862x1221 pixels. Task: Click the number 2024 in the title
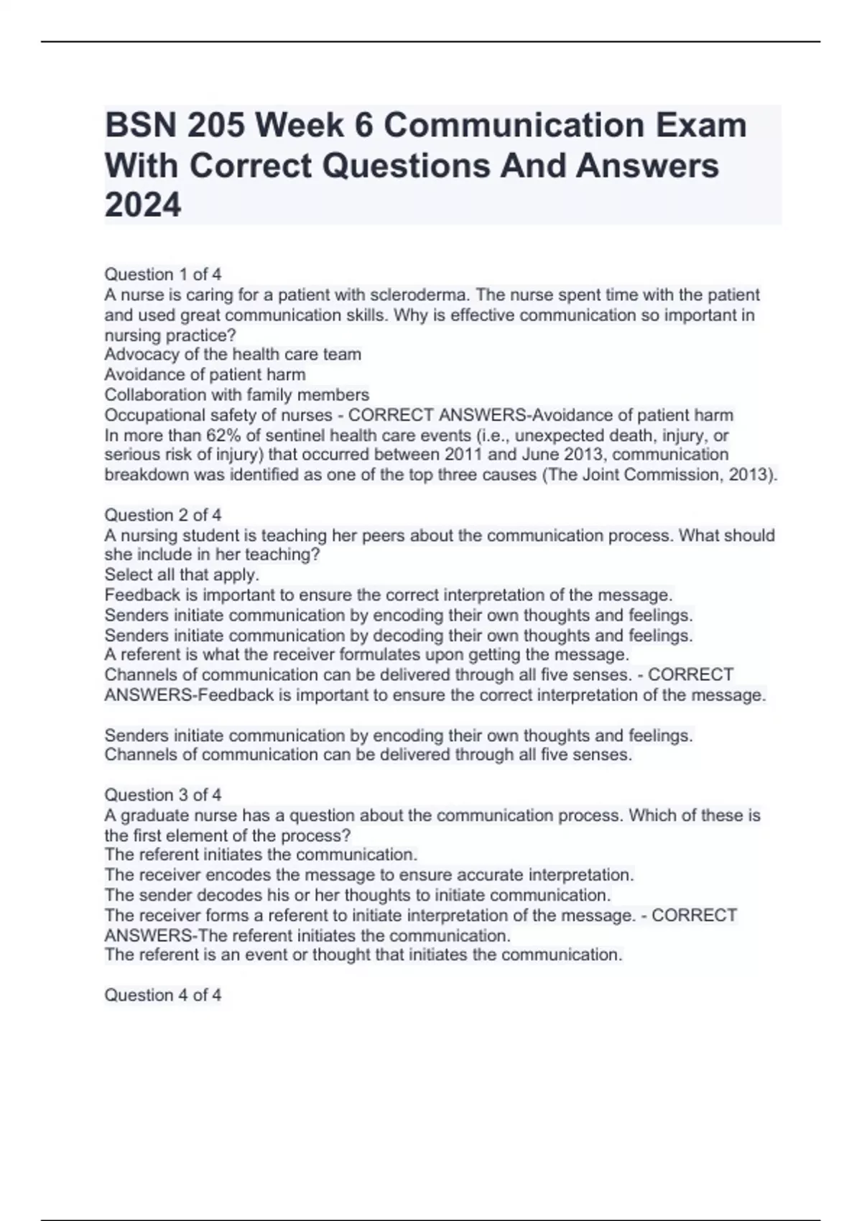click(x=143, y=205)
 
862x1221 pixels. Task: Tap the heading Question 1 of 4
click(x=163, y=274)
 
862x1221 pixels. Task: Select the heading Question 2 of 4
click(x=163, y=515)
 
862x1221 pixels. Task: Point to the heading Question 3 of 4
click(x=163, y=795)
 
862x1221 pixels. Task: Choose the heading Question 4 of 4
click(x=163, y=995)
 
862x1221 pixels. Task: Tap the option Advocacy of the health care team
click(x=233, y=355)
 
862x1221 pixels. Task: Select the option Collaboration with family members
click(x=236, y=395)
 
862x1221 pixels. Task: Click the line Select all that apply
click(x=182, y=575)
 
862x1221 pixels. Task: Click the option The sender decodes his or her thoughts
click(x=357, y=896)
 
